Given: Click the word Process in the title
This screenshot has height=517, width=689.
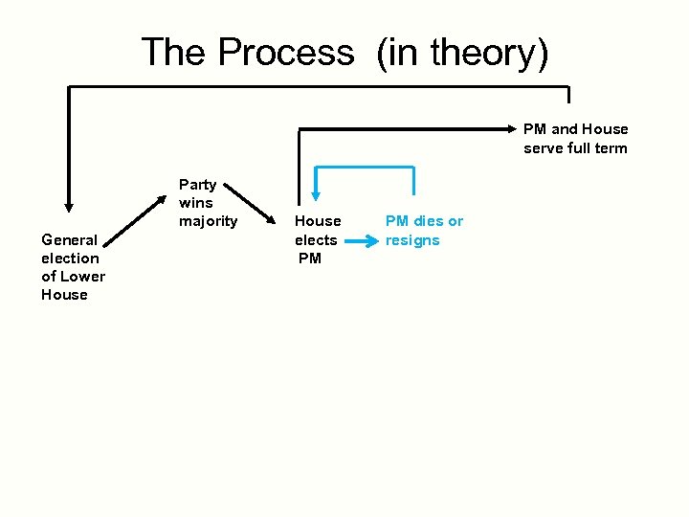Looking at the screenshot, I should pos(285,52).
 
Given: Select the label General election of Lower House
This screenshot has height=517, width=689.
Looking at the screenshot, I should pos(73,267).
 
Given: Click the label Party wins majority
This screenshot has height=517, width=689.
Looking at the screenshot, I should pos(208,203).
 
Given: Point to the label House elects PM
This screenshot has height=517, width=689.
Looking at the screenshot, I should pos(317,239).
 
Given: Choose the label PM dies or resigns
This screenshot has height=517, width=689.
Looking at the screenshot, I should pos(424,231).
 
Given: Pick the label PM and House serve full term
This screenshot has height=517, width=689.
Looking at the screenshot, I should pos(575,138).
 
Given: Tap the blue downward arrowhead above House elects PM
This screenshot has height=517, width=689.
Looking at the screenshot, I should pos(316,195).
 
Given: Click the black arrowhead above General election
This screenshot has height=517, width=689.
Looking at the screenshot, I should pos(68,203).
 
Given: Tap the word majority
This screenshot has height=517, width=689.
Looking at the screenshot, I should pos(208,221).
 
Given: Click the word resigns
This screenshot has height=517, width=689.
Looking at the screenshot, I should pos(412,240).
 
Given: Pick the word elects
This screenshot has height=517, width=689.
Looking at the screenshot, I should pos(316,239).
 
